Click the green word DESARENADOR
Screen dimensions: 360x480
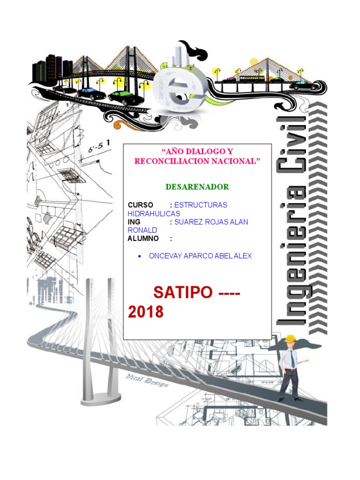pyautogui.click(x=197, y=187)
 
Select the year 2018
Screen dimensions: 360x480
pyautogui.click(x=146, y=312)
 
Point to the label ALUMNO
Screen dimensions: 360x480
pyautogui.click(x=143, y=239)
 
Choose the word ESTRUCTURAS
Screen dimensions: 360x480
pyautogui.click(x=201, y=205)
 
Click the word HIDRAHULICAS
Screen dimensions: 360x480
pyautogui.click(x=154, y=213)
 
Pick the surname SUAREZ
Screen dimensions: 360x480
pyautogui.click(x=190, y=222)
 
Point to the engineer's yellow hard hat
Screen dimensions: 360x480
pyautogui.click(x=291, y=338)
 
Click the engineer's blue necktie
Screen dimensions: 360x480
pyautogui.click(x=292, y=360)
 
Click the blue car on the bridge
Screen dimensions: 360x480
pyautogui.click(x=91, y=93)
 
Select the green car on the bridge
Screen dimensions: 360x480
pyautogui.click(x=123, y=97)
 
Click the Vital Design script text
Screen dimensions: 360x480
pyautogui.click(x=143, y=379)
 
